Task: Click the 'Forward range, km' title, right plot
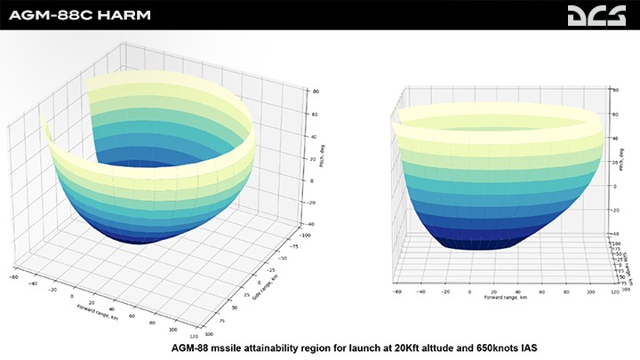pyautogui.click(x=504, y=297)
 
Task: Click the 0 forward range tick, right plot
pyautogui.click(x=468, y=290)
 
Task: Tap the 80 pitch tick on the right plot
pyautogui.click(x=615, y=91)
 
